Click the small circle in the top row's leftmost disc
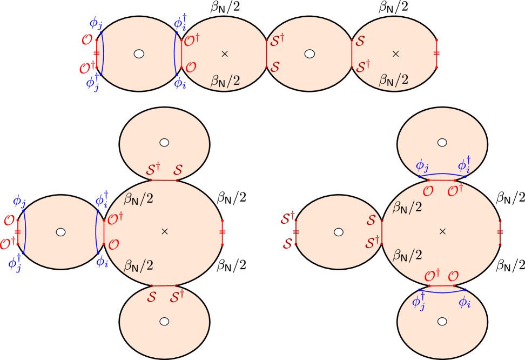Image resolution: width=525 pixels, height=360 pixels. [x=139, y=54]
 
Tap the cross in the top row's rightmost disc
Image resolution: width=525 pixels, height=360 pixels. [x=396, y=54]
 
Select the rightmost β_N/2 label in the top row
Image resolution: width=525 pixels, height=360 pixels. [x=393, y=80]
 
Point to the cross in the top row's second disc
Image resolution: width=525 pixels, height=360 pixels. [x=225, y=54]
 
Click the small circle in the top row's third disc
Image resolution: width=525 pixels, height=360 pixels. [x=309, y=54]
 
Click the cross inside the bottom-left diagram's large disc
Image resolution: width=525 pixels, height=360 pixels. [x=165, y=231]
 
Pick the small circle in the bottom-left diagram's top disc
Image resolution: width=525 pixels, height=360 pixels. [x=164, y=143]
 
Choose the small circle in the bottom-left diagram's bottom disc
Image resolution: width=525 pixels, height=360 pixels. [x=164, y=321]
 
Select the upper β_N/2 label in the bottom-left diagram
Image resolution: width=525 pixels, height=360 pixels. [x=139, y=199]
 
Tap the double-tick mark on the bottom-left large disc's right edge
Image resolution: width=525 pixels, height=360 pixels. [x=222, y=232]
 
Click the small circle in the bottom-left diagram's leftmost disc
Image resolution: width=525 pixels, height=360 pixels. [x=60, y=232]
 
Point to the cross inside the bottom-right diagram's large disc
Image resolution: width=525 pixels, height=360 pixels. [x=442, y=231]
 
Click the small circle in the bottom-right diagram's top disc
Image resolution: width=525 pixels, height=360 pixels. [x=442, y=143]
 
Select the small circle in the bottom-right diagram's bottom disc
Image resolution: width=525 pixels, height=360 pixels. [x=442, y=321]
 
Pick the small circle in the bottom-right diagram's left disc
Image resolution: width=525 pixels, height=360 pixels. [x=339, y=232]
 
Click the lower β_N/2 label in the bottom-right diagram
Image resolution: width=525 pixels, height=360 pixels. [x=407, y=255]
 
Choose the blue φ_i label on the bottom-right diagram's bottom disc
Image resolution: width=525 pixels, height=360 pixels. [x=465, y=302]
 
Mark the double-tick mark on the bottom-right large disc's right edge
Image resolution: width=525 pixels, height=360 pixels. [x=500, y=232]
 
